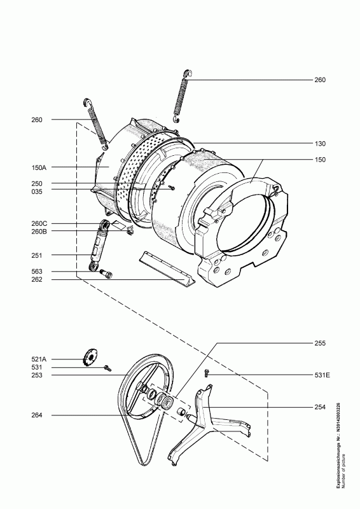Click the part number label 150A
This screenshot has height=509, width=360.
(39, 167)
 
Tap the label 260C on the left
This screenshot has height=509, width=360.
(39, 224)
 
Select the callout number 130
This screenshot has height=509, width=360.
(320, 144)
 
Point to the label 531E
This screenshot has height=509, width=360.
(322, 375)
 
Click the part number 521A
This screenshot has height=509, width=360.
(39, 359)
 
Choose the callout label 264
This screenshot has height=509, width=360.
(37, 415)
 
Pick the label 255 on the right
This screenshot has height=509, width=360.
(320, 343)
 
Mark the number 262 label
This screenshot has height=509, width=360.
(37, 279)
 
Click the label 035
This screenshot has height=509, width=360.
(37, 192)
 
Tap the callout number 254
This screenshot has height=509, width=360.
(320, 407)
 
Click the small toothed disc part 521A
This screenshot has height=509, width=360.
(90, 357)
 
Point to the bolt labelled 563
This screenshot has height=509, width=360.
(106, 274)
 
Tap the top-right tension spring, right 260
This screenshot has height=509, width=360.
(182, 96)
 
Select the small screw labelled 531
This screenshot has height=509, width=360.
(107, 368)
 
